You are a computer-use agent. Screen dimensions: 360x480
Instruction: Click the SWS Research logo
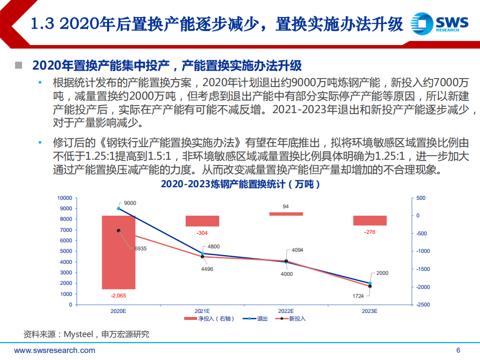click(x=439, y=23)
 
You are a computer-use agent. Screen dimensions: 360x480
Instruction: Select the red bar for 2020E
click(x=119, y=252)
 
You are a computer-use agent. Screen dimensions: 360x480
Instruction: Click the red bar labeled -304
click(x=202, y=221)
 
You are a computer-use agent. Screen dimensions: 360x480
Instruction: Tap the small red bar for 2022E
click(x=286, y=214)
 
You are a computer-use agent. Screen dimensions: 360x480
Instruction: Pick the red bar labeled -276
click(x=370, y=220)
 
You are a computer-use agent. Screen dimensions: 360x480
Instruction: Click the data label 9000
click(x=130, y=203)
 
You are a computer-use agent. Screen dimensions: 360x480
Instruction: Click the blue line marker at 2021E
click(x=203, y=253)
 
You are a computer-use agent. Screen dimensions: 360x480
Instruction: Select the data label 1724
click(x=358, y=296)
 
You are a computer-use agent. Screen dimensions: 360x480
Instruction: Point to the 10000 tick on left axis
click(x=65, y=198)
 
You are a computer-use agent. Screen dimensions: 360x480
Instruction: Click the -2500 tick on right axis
click(x=422, y=304)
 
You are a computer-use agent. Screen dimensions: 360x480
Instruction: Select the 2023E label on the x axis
click(x=369, y=311)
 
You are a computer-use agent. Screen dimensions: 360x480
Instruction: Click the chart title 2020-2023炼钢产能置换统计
click(x=240, y=185)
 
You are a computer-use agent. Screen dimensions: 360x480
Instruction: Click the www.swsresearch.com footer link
click(x=55, y=350)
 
